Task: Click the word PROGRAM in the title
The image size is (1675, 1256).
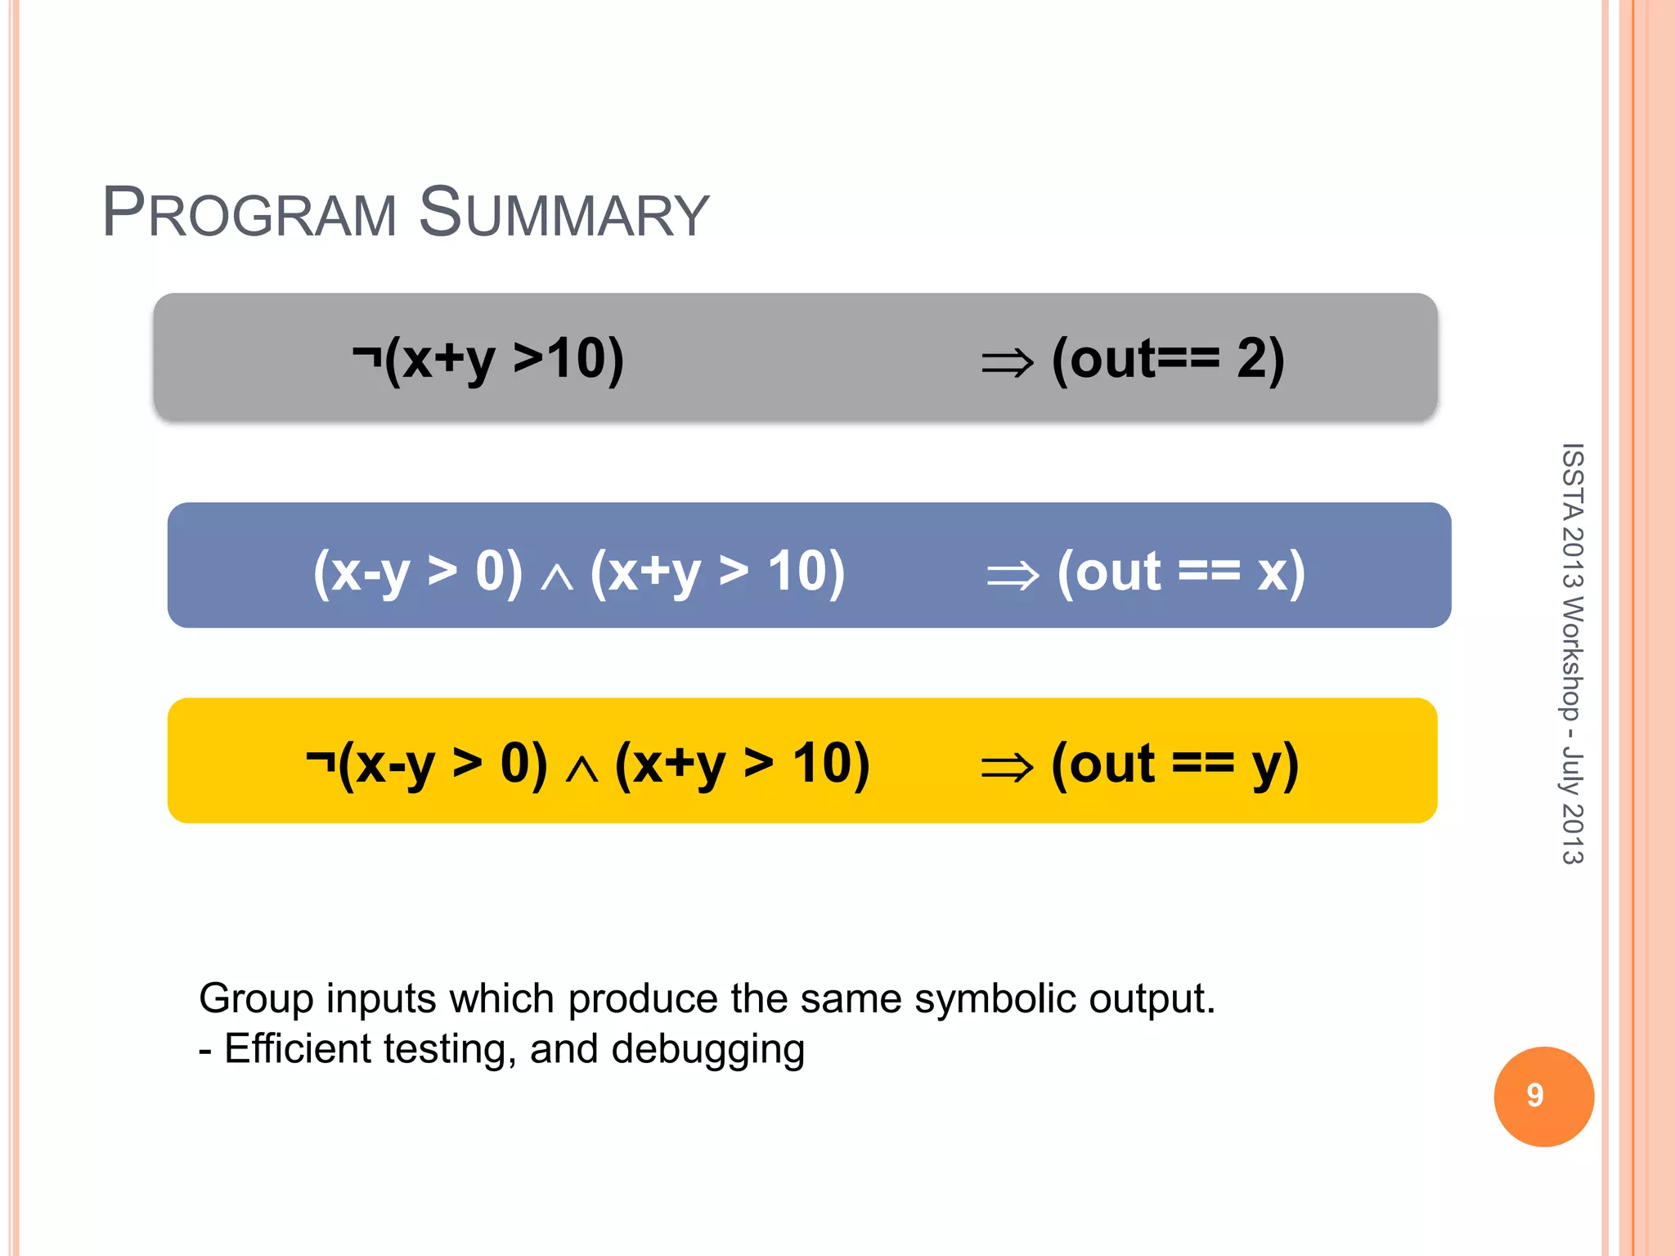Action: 249,213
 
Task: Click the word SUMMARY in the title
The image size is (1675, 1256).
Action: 564,213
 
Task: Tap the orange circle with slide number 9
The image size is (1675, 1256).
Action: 1543,1096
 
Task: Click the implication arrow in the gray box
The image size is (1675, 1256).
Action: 1008,362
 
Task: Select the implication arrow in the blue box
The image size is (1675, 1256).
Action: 1013,575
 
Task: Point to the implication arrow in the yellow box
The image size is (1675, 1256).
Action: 1008,768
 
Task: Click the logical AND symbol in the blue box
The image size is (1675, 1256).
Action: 557,576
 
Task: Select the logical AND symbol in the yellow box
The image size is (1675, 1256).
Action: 582,769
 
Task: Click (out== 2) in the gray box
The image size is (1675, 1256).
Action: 1168,360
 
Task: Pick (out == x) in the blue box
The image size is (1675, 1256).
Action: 1180,572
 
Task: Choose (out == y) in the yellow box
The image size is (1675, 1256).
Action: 1174,765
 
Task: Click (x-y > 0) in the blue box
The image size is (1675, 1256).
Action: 418,572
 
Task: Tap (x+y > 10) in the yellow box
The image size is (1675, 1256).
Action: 742,765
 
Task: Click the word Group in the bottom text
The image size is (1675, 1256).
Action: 256,998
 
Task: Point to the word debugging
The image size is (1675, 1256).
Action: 707,1049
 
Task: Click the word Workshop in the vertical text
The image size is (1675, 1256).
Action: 1572,659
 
